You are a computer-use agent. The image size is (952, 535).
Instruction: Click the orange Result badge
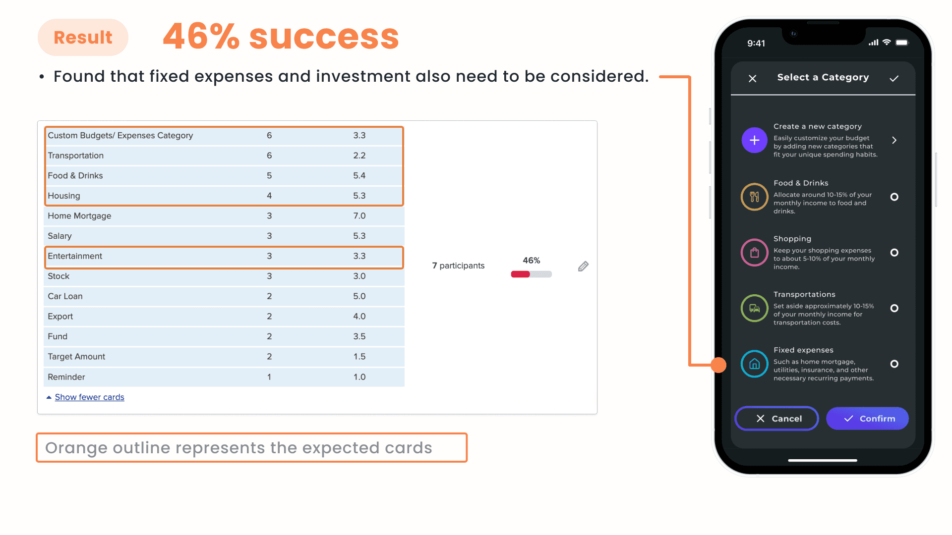click(x=83, y=37)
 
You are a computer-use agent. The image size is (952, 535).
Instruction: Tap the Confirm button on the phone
click(x=867, y=419)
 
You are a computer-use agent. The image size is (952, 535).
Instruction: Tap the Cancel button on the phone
click(x=776, y=419)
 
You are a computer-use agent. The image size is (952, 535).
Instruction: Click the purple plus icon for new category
click(x=754, y=140)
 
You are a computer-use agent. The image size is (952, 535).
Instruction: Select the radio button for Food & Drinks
click(x=894, y=197)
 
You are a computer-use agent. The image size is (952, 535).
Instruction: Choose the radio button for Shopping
click(x=894, y=253)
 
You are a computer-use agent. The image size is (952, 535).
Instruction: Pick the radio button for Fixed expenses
click(x=894, y=364)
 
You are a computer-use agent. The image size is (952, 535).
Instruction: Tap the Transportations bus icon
click(x=754, y=308)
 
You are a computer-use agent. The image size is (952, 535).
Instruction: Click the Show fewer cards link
click(x=89, y=397)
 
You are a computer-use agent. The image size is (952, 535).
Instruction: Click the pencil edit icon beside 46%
click(x=583, y=267)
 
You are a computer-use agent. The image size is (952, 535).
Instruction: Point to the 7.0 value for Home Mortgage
click(x=359, y=216)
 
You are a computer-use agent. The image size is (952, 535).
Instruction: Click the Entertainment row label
click(x=75, y=256)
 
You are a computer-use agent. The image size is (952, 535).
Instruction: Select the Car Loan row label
click(x=65, y=296)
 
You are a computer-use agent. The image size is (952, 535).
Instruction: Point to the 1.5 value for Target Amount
click(x=359, y=357)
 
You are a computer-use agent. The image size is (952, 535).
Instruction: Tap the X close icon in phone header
click(x=752, y=78)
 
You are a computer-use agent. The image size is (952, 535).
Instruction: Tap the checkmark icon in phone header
click(x=894, y=78)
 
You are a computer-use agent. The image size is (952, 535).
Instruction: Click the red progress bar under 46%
click(x=520, y=274)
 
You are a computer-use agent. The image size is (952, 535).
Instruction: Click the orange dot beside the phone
click(x=718, y=365)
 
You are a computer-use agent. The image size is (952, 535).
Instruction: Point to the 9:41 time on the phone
click(x=756, y=44)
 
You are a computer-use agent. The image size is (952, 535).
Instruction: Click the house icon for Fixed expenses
click(x=754, y=364)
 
